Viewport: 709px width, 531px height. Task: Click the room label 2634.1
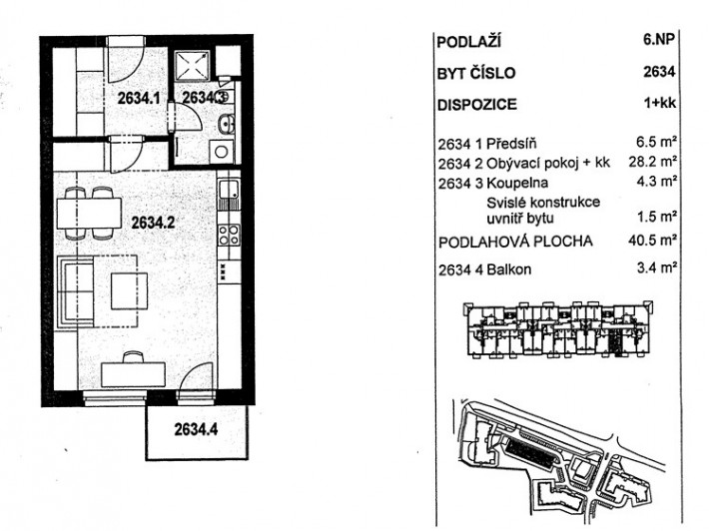pyautogui.click(x=139, y=98)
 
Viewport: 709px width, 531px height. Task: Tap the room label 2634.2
pyautogui.click(x=153, y=223)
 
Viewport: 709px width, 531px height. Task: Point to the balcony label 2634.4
pyautogui.click(x=196, y=429)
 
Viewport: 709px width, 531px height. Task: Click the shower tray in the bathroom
pyautogui.click(x=192, y=66)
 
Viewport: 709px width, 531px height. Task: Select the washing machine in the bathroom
pyautogui.click(x=221, y=152)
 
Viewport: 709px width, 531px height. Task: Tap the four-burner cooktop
pyautogui.click(x=229, y=235)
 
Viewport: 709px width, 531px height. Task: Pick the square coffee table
pyautogui.click(x=130, y=291)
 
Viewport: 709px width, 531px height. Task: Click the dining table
pyautogui.click(x=89, y=214)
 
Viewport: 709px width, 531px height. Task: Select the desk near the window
pyautogui.click(x=133, y=374)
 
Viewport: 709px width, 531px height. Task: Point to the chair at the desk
pyautogui.click(x=134, y=356)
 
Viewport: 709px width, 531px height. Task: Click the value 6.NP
pyautogui.click(x=659, y=39)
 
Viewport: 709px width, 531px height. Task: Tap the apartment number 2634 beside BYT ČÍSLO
pyautogui.click(x=659, y=72)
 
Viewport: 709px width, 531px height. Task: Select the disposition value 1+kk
pyautogui.click(x=660, y=103)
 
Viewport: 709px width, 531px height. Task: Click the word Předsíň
pyautogui.click(x=511, y=144)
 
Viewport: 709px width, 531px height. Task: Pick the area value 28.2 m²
pyautogui.click(x=652, y=162)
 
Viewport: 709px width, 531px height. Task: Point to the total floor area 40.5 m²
pyautogui.click(x=652, y=240)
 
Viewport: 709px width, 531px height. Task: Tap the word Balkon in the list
pyautogui.click(x=508, y=269)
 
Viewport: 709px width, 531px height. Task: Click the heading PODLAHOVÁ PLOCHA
pyautogui.click(x=515, y=242)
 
